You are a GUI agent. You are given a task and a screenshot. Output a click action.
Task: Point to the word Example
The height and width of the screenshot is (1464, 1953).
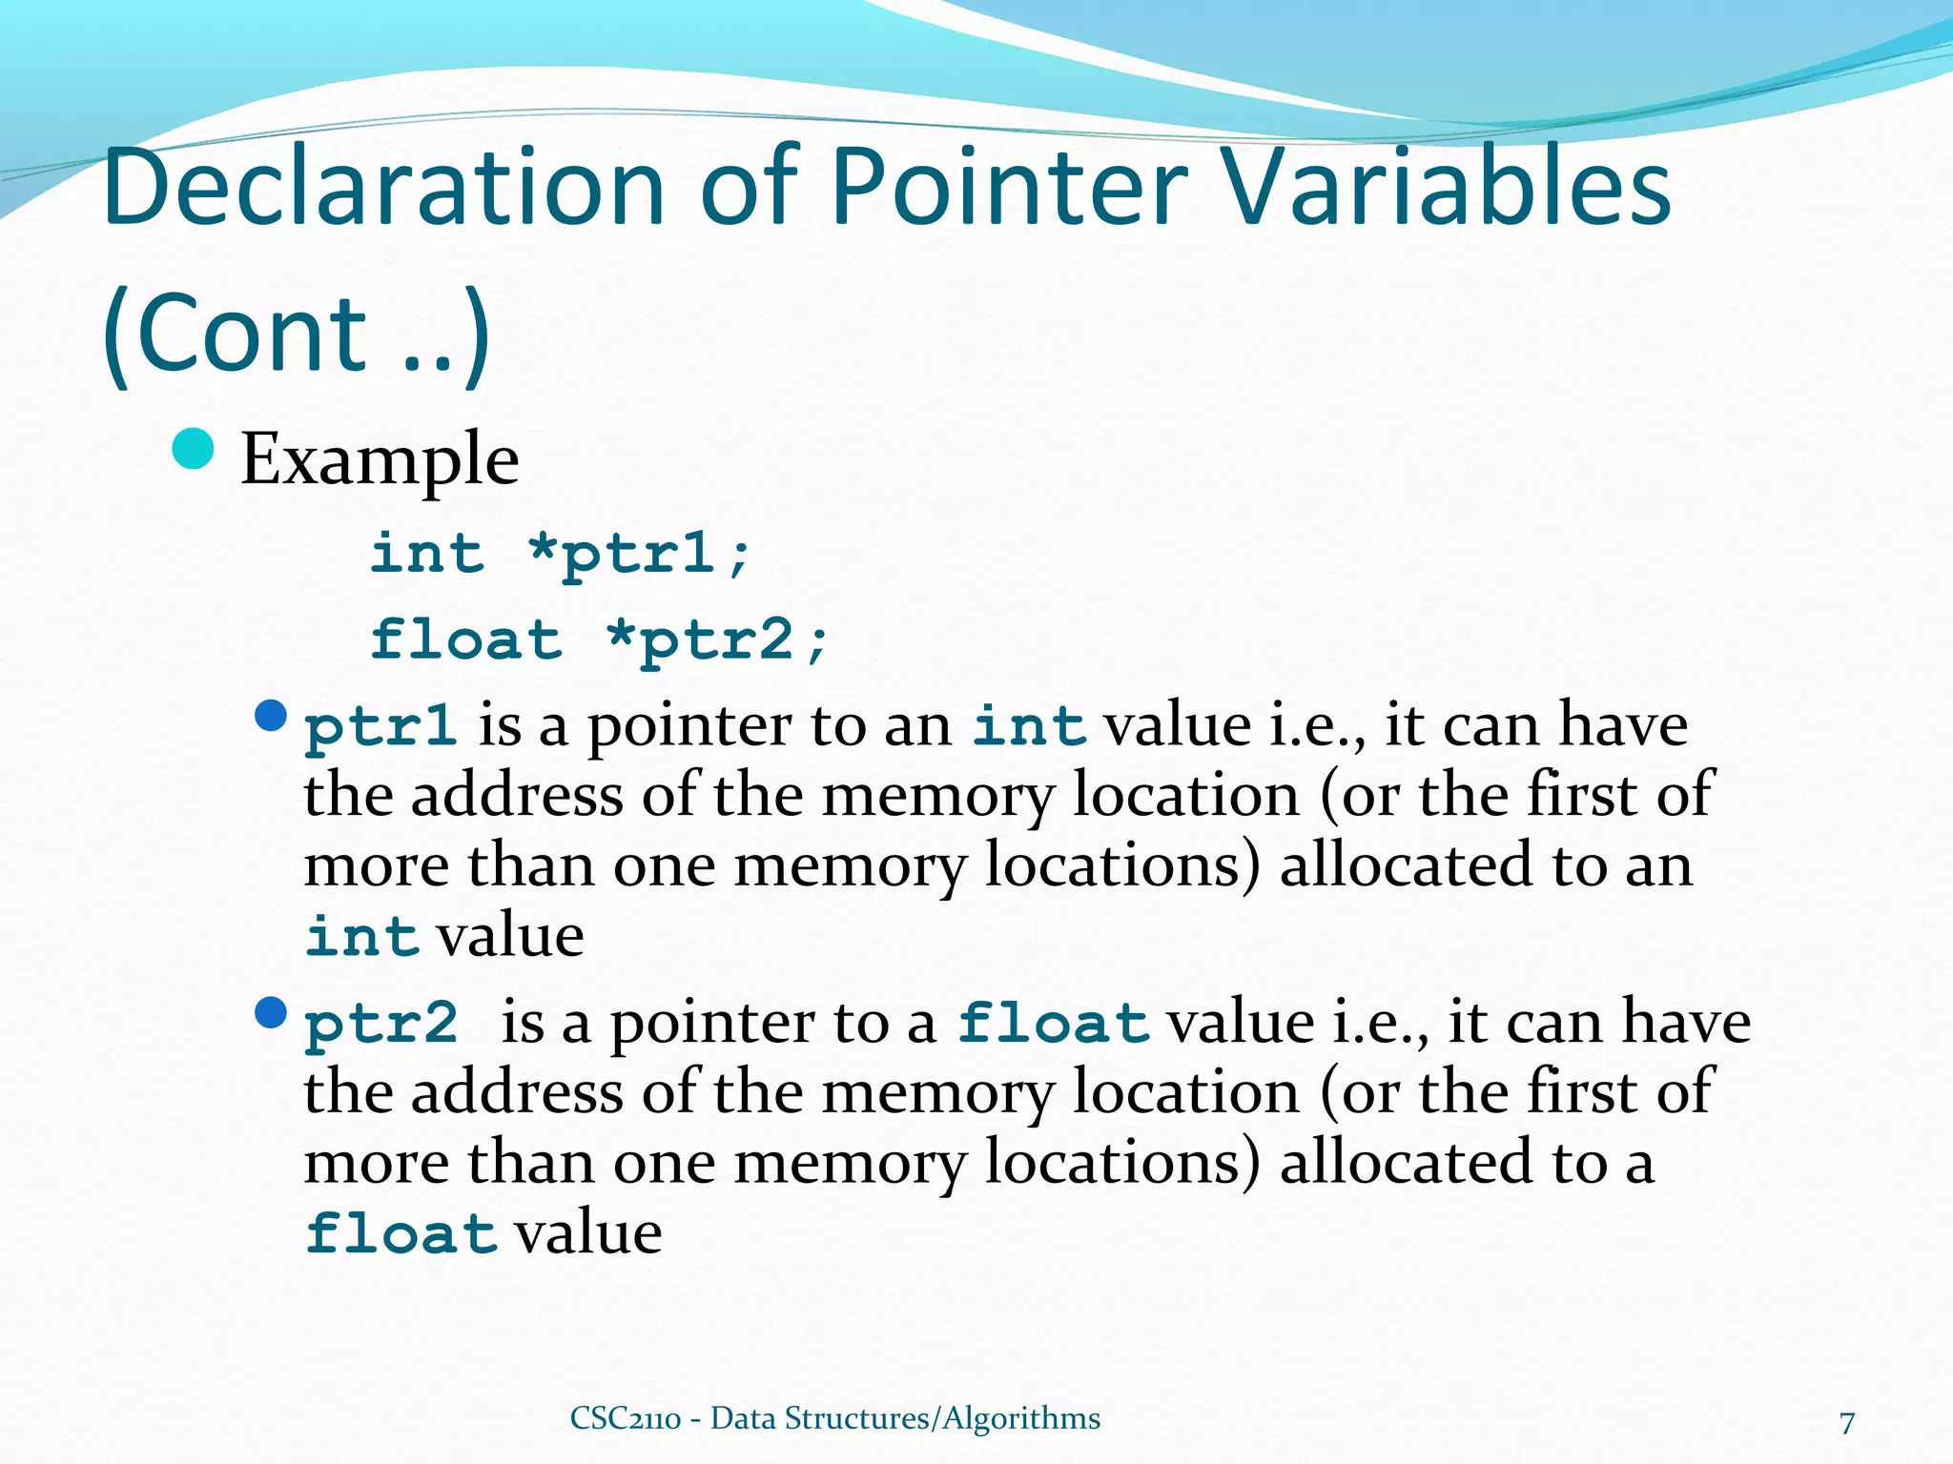coord(380,460)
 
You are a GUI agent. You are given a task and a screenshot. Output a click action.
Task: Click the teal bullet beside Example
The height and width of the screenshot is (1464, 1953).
coord(194,449)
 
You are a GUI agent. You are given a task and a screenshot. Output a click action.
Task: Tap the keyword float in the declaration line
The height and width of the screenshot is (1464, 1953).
coord(466,639)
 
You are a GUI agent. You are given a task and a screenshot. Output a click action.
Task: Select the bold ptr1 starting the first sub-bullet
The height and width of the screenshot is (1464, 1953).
coord(380,726)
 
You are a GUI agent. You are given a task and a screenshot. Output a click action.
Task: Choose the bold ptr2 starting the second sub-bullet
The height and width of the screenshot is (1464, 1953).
coord(380,1024)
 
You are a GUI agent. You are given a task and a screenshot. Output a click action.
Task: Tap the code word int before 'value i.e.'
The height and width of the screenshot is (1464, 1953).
coord(1029,726)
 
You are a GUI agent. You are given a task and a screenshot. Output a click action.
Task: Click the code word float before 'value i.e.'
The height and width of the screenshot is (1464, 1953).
coord(1054,1024)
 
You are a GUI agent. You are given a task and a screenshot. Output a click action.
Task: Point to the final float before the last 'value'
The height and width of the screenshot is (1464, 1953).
coord(401,1234)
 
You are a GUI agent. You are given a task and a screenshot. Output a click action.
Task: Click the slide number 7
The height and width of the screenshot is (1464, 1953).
coord(1847,1423)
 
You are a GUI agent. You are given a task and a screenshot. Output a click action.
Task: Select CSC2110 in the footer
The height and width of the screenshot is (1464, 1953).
coord(626,1418)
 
